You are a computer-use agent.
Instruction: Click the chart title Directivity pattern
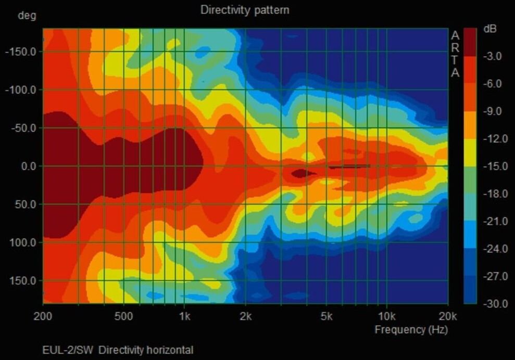[x=245, y=10]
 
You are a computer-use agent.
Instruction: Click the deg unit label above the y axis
[x=27, y=15]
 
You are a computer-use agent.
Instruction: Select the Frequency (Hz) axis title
[x=411, y=329]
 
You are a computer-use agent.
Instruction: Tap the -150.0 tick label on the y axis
[x=21, y=52]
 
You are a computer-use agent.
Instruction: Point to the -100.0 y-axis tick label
[x=21, y=90]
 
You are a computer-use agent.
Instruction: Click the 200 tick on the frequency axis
[x=43, y=316]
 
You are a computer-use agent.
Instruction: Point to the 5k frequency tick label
[x=326, y=316]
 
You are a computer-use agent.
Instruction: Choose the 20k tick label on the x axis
[x=447, y=316]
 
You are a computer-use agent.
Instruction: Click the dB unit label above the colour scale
[x=490, y=29]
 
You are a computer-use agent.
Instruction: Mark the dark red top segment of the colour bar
[x=470, y=42]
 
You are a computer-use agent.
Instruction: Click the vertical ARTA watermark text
[x=455, y=54]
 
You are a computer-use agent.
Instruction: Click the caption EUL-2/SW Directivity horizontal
[x=118, y=350]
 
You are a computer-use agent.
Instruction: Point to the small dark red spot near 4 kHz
[x=300, y=173]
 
